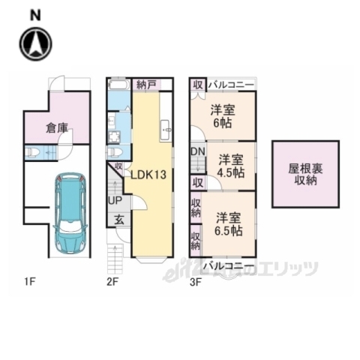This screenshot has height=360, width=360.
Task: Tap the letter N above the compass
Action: tap(35, 14)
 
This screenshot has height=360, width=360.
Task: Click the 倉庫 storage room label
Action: tap(57, 127)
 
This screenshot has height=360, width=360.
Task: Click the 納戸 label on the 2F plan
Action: tap(146, 85)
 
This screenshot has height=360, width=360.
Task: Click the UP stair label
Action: tap(115, 200)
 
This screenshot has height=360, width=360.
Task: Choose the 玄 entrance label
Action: tap(119, 220)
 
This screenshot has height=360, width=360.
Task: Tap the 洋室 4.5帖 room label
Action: tap(231, 166)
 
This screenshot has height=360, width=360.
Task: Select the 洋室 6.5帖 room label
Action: tap(228, 223)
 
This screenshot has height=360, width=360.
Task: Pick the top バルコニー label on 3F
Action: tap(230, 85)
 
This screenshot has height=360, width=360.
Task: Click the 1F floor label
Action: tap(29, 282)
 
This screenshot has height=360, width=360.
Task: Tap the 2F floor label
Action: tap(112, 282)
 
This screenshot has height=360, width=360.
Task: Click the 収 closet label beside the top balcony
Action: tap(196, 84)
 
